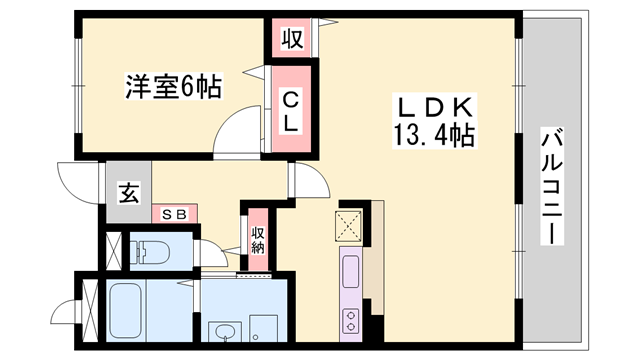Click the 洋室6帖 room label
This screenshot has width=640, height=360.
(173, 87)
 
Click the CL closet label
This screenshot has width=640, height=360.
(289, 111)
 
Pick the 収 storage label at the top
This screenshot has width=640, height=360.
(291, 40)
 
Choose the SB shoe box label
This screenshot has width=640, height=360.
(174, 213)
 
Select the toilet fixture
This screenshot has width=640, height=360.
(150, 249)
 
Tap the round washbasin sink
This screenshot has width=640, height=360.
(221, 330)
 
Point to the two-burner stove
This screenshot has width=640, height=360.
(352, 320)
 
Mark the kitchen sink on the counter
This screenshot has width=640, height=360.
(351, 272)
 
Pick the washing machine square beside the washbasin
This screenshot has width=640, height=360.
(264, 329)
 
